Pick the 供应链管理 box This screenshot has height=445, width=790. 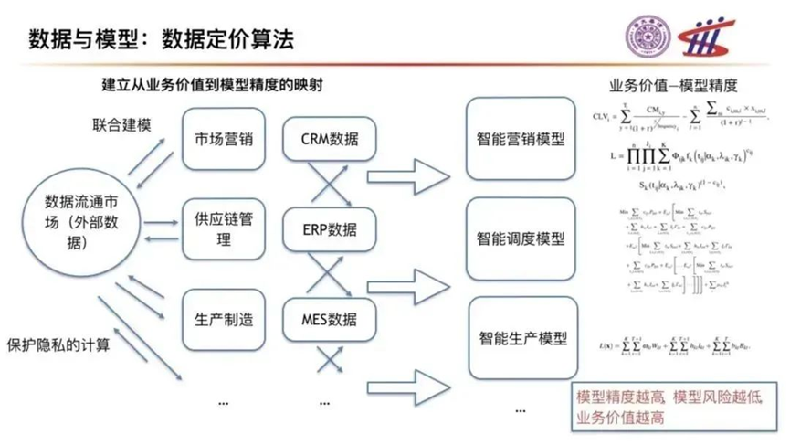224,230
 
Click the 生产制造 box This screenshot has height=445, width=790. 224,320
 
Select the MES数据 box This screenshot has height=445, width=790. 330,320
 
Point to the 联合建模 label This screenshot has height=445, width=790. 121,122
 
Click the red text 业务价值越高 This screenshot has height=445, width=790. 620,418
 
